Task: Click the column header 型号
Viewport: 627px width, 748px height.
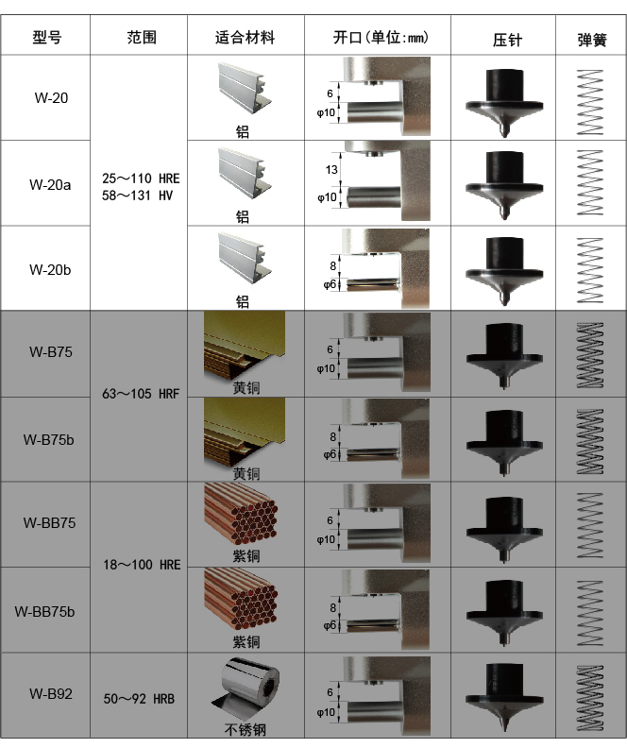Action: click(x=47, y=38)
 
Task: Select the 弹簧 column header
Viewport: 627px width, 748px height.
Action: click(x=592, y=40)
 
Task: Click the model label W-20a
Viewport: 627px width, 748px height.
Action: click(x=49, y=184)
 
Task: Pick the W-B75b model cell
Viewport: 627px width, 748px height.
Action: click(x=49, y=439)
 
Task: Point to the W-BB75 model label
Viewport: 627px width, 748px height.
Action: click(x=49, y=522)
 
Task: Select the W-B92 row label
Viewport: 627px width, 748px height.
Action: click(x=49, y=694)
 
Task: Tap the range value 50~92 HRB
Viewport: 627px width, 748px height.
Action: click(x=140, y=699)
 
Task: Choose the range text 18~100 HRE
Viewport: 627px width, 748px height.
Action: click(x=141, y=565)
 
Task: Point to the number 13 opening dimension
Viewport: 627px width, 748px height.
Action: click(x=330, y=170)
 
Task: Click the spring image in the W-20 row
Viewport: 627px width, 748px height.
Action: click(x=590, y=97)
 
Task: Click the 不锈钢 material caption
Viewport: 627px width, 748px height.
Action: click(x=243, y=729)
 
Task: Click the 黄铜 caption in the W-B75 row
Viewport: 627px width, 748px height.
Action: click(x=246, y=387)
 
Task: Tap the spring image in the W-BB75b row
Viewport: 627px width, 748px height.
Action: click(x=590, y=607)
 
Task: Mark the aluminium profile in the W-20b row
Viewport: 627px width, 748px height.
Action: click(x=245, y=257)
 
